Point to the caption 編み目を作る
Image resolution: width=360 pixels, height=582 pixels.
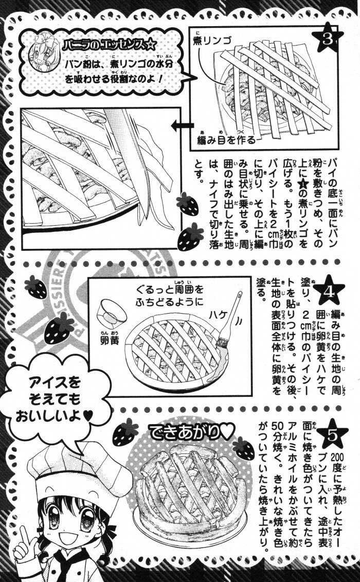226,140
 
